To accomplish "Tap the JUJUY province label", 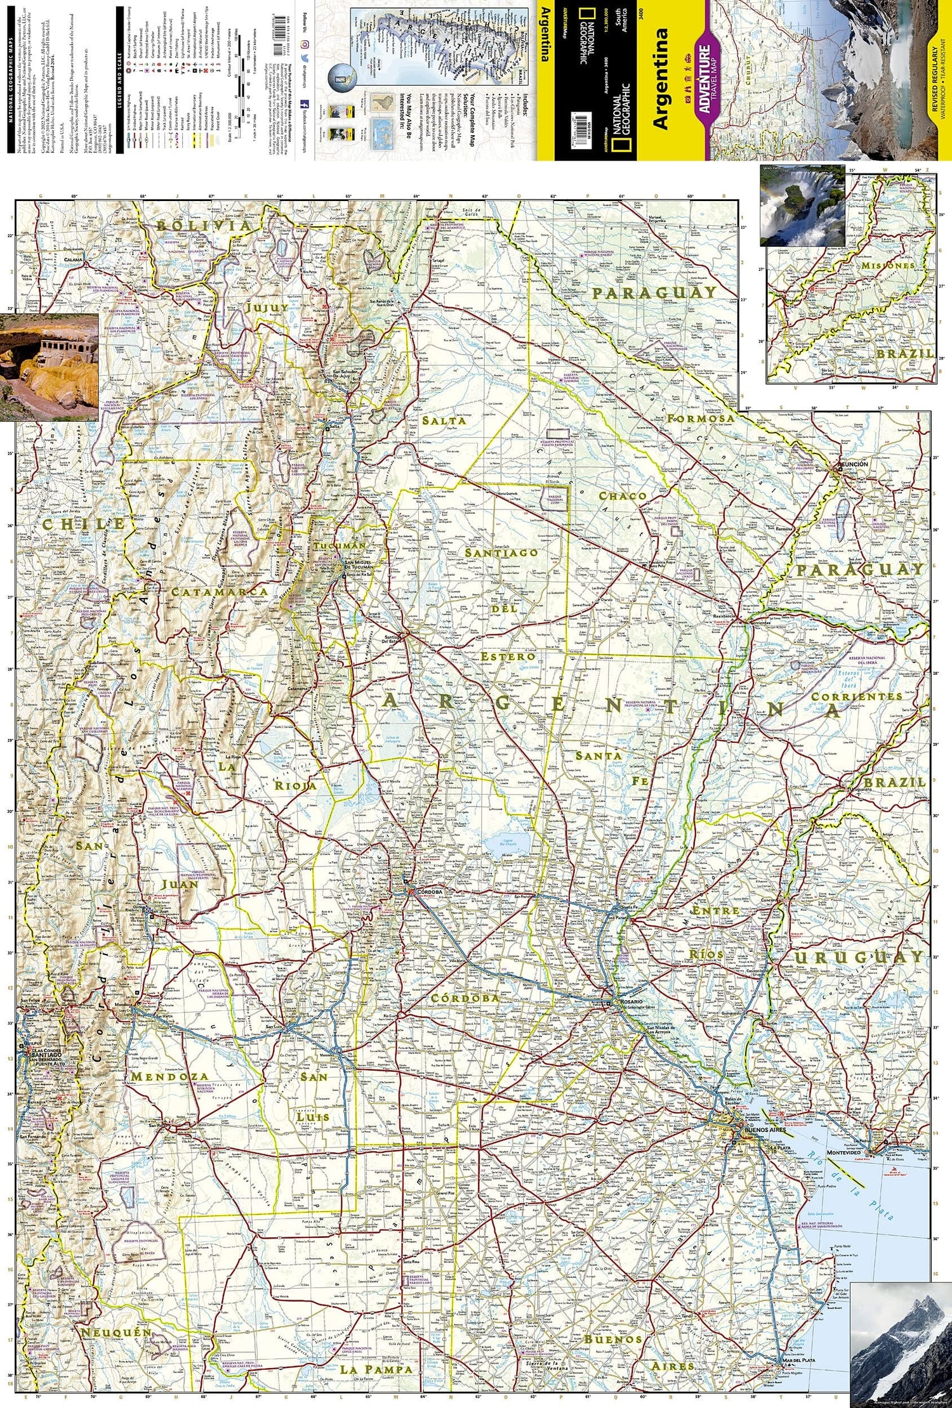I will click(267, 307).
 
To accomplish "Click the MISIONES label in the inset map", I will click(888, 266).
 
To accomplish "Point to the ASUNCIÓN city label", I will click(852, 464).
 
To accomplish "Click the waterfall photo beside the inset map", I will click(802, 205).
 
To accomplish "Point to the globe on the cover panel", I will click(343, 78).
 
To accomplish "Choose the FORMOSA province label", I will click(700, 419).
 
